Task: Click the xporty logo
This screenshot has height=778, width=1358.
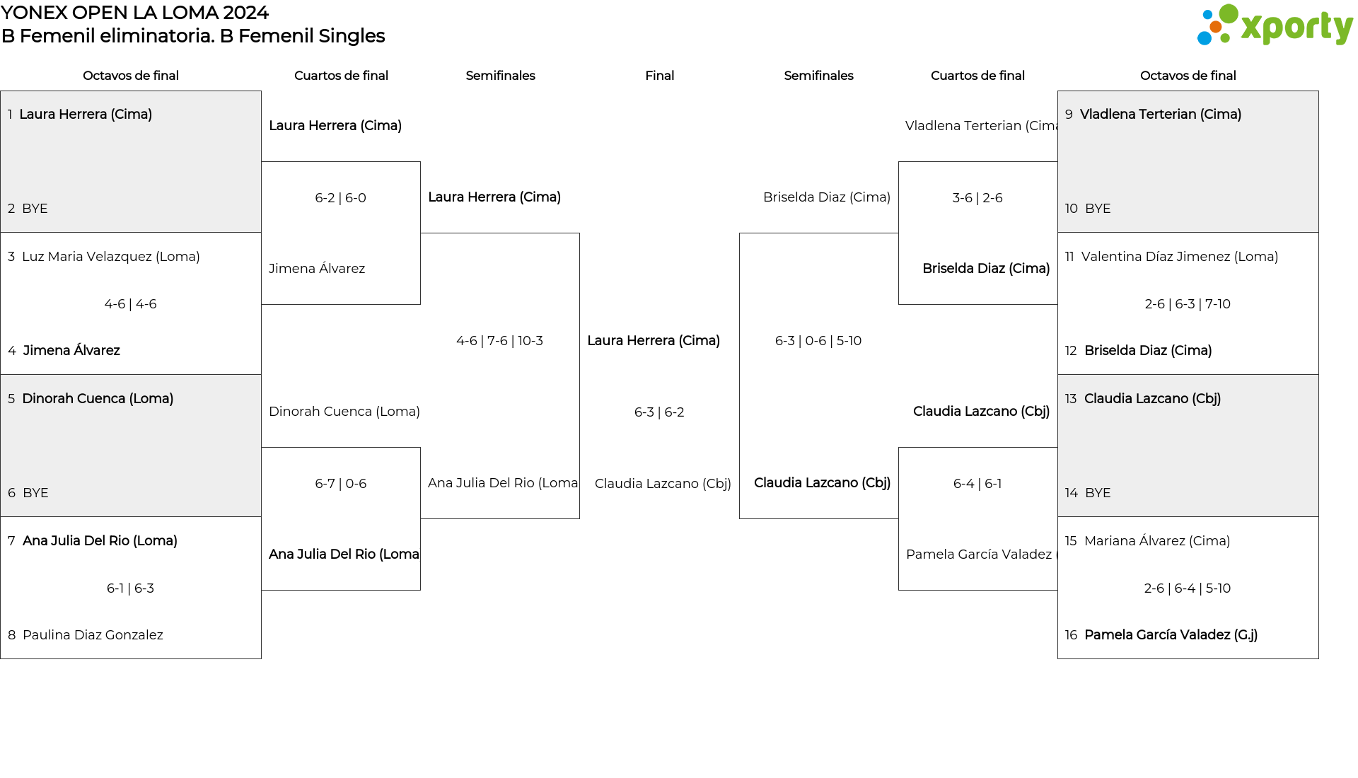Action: pyautogui.click(x=1275, y=25)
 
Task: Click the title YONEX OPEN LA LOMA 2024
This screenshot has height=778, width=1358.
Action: pyautogui.click(x=134, y=13)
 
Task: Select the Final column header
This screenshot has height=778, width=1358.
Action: pyautogui.click(x=659, y=76)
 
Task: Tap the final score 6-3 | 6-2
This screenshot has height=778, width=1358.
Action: pyautogui.click(x=659, y=412)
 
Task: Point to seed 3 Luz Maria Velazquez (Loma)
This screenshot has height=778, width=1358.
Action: pyautogui.click(x=104, y=257)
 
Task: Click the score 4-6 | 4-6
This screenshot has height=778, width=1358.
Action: pyautogui.click(x=130, y=304)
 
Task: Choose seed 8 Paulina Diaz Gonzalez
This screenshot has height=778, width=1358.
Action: pyautogui.click(x=86, y=635)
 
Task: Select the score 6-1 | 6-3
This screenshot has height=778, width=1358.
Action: pyautogui.click(x=130, y=588)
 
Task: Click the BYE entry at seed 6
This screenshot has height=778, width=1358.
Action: pyautogui.click(x=28, y=493)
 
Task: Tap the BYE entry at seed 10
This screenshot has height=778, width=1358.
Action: pyautogui.click(x=1088, y=209)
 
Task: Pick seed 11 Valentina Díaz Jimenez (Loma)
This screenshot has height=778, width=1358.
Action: pyautogui.click(x=1171, y=257)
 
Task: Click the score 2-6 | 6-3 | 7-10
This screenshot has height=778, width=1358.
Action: pyautogui.click(x=1188, y=304)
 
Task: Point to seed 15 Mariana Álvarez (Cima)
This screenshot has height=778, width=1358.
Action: pyautogui.click(x=1147, y=541)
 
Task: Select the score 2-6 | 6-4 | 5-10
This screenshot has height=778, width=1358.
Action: pyautogui.click(x=1188, y=588)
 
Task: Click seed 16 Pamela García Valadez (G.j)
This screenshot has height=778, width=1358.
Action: pyautogui.click(x=1161, y=635)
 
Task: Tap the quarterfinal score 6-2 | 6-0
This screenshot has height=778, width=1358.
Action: pyautogui.click(x=341, y=198)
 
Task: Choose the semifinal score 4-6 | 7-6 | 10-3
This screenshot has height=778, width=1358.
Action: pyautogui.click(x=500, y=341)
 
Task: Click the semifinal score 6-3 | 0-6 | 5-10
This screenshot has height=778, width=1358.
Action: pyautogui.click(x=818, y=341)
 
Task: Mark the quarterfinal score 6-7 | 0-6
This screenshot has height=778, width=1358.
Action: pyautogui.click(x=341, y=484)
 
